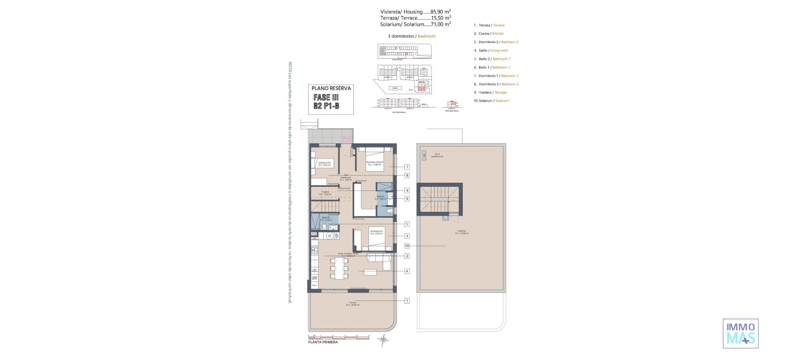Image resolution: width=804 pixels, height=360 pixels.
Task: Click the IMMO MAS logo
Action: pyautogui.click(x=740, y=333)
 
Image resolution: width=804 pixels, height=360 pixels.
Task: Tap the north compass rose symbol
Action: pyautogui.click(x=383, y=339)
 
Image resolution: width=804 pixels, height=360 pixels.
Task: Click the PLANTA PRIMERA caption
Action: pyautogui.click(x=323, y=342)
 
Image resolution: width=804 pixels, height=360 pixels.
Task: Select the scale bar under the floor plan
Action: pyautogui.click(x=338, y=337)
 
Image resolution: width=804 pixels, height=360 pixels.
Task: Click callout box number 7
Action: pyautogui.click(x=407, y=167)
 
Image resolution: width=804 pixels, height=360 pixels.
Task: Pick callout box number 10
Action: pyautogui.click(x=407, y=246)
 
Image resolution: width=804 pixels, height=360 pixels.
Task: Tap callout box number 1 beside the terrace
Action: pyautogui.click(x=407, y=301)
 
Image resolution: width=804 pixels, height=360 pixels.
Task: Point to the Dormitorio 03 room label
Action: pyautogui.click(x=324, y=164)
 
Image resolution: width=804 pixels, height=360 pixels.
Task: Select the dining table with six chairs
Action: pyautogui.click(x=339, y=268)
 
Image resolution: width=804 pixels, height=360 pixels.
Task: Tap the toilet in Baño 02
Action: pyautogui.click(x=324, y=226)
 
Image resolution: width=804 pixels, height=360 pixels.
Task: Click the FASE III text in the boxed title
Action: pyautogui.click(x=326, y=97)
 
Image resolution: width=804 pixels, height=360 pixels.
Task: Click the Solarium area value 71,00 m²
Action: pyautogui.click(x=441, y=24)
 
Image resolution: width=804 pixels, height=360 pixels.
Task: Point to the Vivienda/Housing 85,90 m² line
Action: pyautogui.click(x=415, y=12)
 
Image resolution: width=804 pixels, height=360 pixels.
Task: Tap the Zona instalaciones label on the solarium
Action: pyautogui.click(x=437, y=155)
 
